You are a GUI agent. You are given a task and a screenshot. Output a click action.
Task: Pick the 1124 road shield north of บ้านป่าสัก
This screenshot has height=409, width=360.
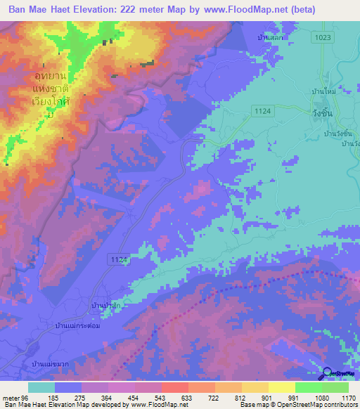[119, 260]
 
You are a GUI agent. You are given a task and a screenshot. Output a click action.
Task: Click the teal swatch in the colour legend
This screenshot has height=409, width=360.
[41, 387]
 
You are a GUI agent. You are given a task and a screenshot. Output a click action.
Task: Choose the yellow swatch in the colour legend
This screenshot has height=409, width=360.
[281, 387]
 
